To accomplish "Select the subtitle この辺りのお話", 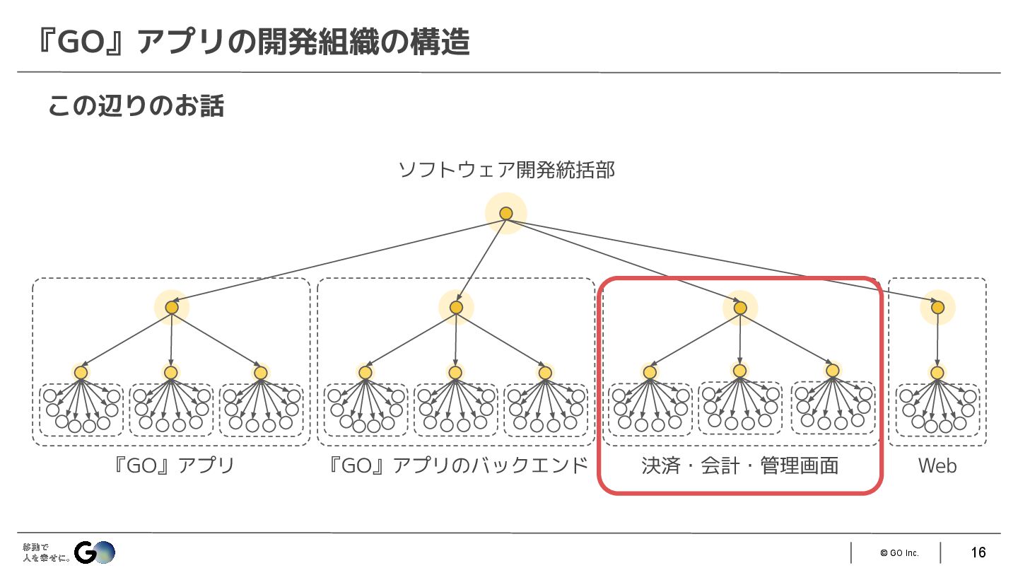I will coord(136,106).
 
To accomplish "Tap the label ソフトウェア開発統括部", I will coord(506,170).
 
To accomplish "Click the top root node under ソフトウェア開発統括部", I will coord(506,213).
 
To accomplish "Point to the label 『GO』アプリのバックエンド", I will coord(459,465).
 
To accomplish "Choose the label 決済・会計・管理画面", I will coord(740,465).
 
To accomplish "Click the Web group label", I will coord(937,465).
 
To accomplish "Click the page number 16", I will coord(978,552).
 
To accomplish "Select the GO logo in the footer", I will coord(94,552).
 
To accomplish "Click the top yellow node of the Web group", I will coord(937,308).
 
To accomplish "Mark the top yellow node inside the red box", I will coord(740,308).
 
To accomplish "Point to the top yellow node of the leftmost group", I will coord(172,308).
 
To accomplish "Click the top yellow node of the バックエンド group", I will coord(456,308).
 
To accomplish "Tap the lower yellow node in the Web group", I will coord(937,373).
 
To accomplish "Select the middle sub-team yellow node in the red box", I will coord(739,371).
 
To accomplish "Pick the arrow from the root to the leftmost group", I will coord(339,260).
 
